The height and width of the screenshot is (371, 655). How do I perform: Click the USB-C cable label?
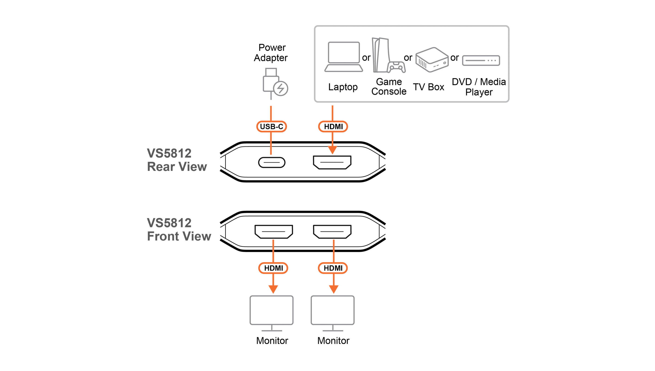(272, 126)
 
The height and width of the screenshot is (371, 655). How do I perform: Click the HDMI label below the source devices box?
(333, 126)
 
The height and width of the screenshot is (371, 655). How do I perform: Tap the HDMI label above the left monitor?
(273, 268)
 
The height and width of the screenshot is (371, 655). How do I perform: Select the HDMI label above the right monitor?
(333, 268)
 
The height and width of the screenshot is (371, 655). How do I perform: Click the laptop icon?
(344, 57)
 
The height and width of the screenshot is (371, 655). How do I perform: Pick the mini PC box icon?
(432, 60)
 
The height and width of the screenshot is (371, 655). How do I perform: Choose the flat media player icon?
(481, 60)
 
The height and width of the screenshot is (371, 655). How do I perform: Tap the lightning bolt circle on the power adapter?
(281, 89)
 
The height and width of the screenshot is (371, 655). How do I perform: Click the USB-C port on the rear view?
(272, 162)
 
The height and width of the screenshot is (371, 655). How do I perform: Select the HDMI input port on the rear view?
(332, 162)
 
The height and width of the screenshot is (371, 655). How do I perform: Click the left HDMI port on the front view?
(274, 232)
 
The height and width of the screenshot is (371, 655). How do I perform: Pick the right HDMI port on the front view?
(332, 232)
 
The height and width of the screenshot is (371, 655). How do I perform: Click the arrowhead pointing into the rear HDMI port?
(332, 150)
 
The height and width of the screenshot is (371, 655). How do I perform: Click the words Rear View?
(177, 167)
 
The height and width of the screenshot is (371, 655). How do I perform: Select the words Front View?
(179, 236)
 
